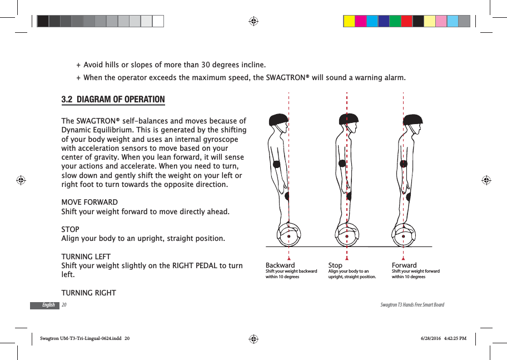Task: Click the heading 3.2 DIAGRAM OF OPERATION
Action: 113,100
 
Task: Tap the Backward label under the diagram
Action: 280,265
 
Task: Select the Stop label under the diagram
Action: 335,265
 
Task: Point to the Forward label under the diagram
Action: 404,265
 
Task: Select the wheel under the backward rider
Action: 289,235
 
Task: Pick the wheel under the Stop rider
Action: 347,235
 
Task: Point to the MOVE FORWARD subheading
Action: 89,202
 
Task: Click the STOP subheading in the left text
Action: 70,229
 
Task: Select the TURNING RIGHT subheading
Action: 88,293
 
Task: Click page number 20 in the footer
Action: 64,305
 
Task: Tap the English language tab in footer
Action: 48,305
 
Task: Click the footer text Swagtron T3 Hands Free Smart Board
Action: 412,305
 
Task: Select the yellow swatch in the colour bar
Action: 349,21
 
